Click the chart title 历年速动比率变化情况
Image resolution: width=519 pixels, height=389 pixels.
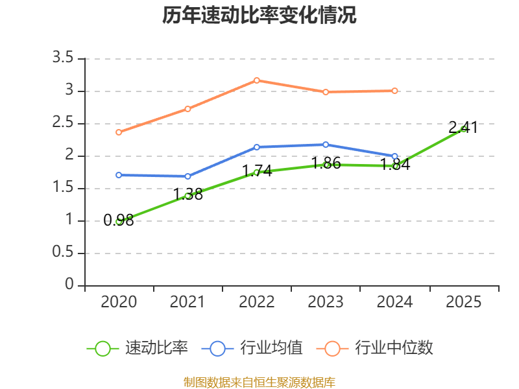tap(259, 16)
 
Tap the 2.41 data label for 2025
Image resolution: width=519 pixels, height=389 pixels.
tap(463, 127)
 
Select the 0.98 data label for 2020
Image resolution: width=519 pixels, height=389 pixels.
tap(119, 220)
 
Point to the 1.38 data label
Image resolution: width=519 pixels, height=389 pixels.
tap(188, 194)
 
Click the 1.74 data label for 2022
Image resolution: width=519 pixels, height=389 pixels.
tap(257, 171)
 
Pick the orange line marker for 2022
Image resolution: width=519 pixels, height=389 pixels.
tap(257, 80)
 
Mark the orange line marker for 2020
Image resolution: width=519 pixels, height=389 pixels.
tap(119, 132)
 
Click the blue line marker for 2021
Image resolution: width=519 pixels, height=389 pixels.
tap(188, 176)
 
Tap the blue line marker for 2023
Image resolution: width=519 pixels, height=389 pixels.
tap(326, 145)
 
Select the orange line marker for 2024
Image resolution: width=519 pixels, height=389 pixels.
tap(394, 91)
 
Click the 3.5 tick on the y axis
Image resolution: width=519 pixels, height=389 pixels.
tap(64, 58)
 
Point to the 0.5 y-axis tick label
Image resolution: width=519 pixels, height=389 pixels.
tap(64, 253)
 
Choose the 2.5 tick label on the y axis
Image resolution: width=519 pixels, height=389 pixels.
tap(64, 123)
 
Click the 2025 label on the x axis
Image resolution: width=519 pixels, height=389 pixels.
tap(463, 302)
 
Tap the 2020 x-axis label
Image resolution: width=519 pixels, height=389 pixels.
tap(119, 302)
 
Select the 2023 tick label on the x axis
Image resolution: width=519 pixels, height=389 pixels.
tap(326, 302)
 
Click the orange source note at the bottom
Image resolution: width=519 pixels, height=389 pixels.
tap(259, 382)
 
